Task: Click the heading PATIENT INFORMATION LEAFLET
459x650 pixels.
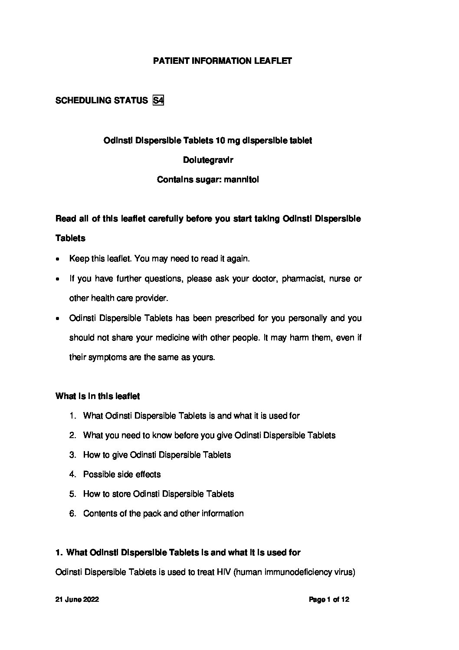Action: [222, 61]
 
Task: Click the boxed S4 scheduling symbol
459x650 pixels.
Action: [158, 101]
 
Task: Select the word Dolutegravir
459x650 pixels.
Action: [208, 160]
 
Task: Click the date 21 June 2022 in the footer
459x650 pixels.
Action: [77, 600]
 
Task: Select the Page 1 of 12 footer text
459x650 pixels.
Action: [329, 600]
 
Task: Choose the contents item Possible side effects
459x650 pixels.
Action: [122, 474]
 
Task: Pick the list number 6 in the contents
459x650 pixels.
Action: [72, 513]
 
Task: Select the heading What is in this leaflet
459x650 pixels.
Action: [98, 396]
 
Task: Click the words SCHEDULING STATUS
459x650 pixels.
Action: [102, 101]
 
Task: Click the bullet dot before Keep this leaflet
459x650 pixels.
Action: [59, 259]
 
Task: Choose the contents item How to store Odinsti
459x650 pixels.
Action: [158, 494]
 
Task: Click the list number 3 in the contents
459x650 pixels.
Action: [72, 455]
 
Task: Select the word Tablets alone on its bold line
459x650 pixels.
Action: [70, 238]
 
